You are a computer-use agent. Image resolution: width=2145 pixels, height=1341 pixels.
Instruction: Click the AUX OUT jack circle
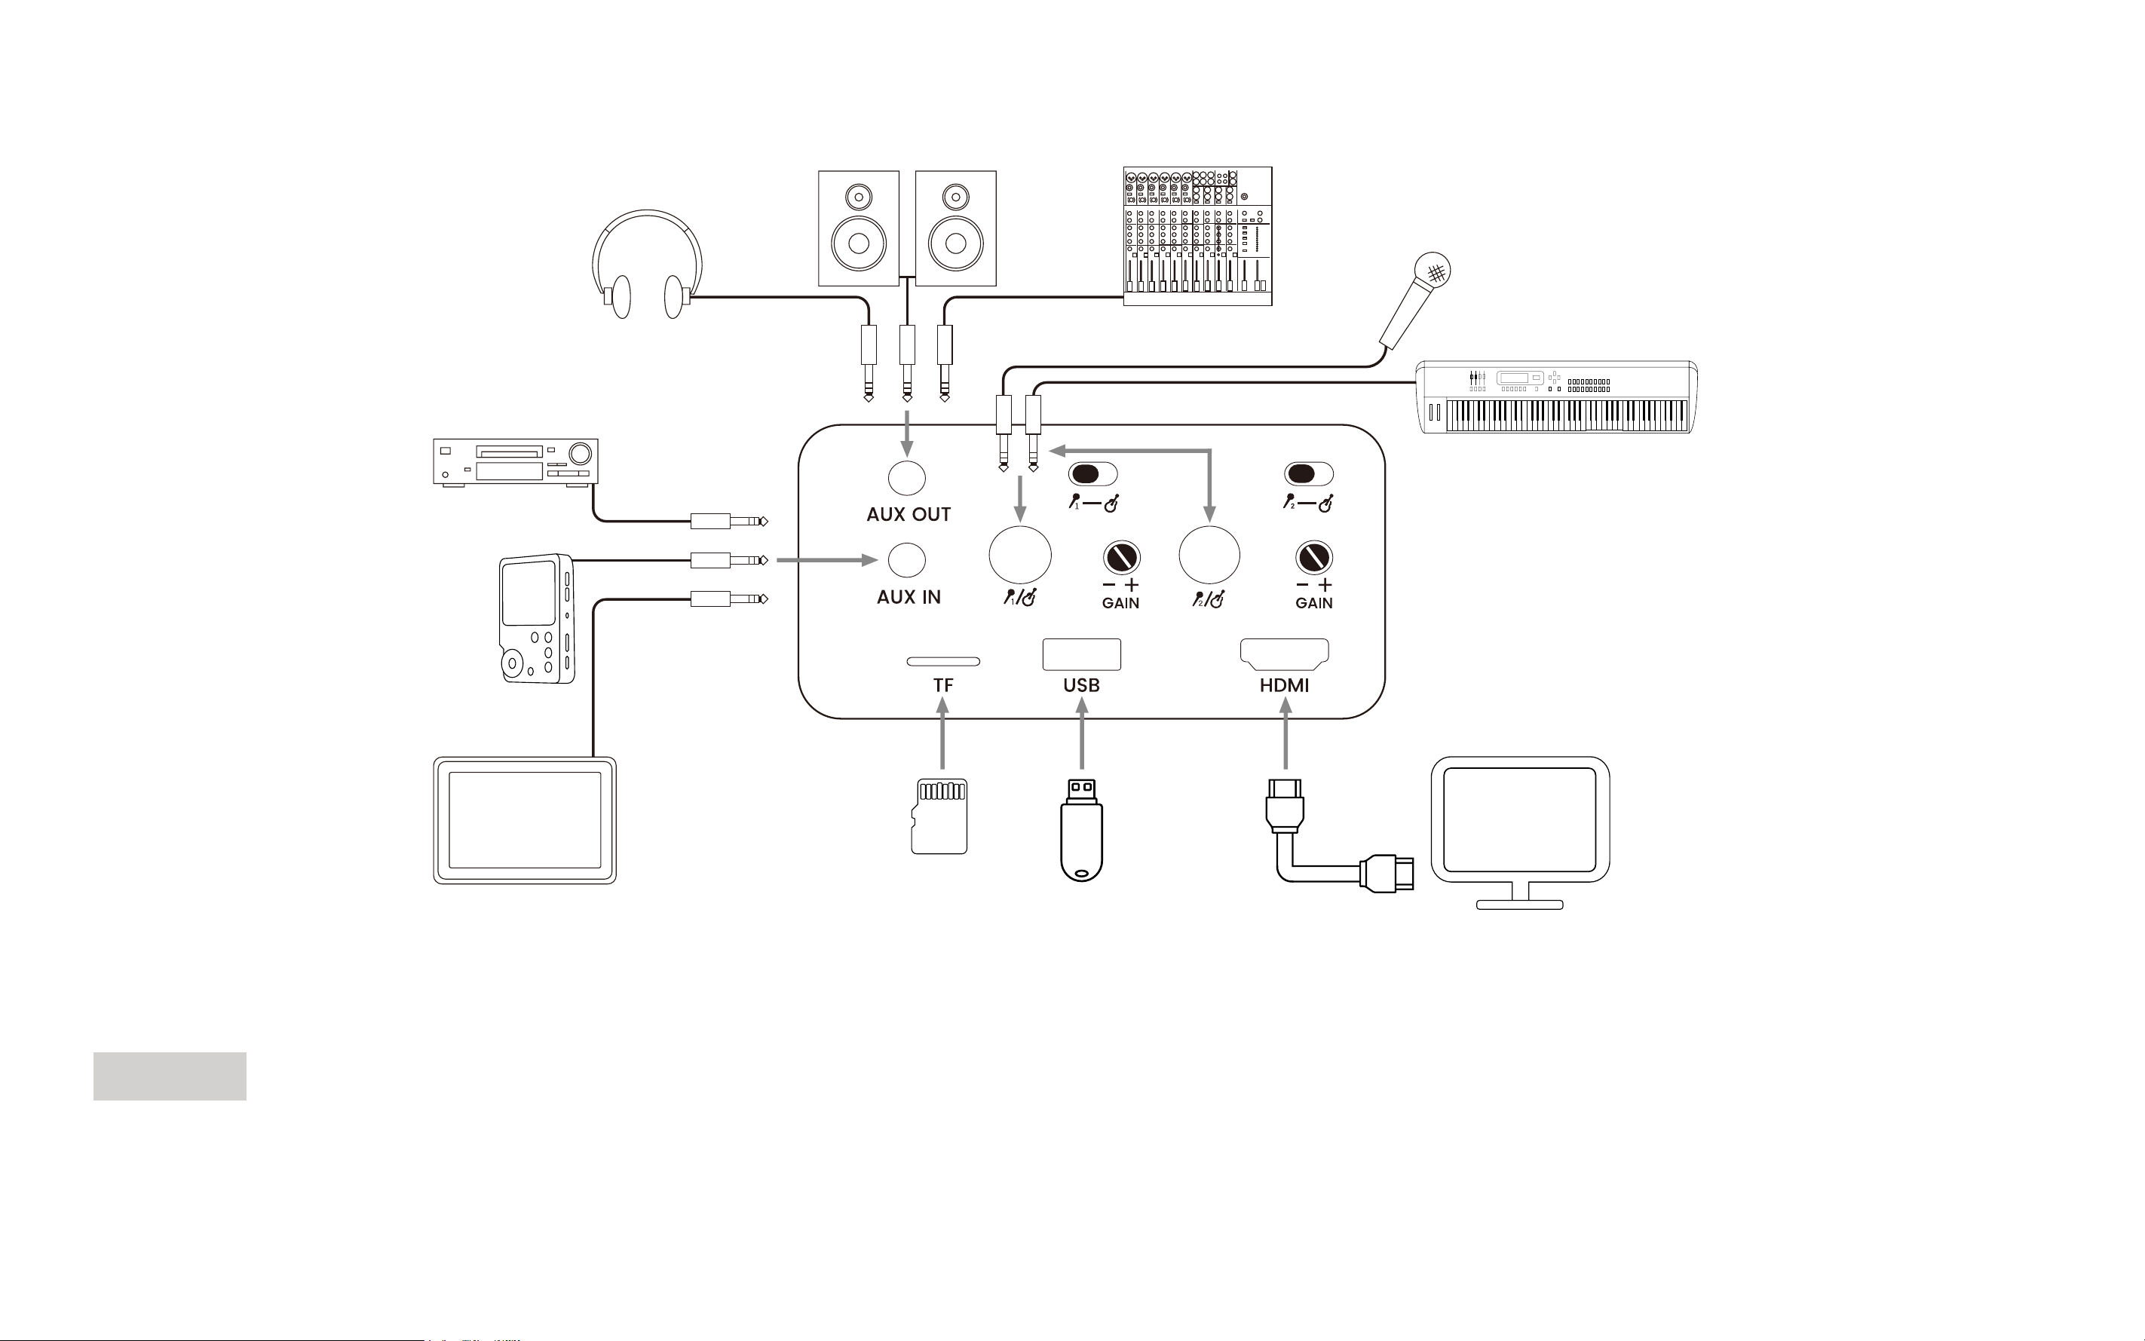[906, 477]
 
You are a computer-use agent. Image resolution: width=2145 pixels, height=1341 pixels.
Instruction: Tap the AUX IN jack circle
[906, 559]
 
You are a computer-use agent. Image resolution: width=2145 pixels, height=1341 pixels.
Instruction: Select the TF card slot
[943, 661]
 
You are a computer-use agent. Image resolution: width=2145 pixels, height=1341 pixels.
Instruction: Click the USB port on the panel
[1081, 654]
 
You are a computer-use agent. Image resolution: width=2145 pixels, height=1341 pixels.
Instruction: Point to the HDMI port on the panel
[1284, 654]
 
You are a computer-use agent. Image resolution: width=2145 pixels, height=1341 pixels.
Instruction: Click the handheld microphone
[1415, 301]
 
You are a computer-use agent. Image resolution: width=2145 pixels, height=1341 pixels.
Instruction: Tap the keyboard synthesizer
[1556, 397]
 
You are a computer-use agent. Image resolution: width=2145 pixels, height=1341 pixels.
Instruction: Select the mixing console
[1197, 236]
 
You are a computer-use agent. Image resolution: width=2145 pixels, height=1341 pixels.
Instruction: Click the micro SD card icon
[939, 816]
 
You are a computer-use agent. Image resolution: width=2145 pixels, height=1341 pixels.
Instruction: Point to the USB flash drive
[1081, 830]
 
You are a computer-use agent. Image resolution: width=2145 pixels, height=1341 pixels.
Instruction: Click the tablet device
[524, 820]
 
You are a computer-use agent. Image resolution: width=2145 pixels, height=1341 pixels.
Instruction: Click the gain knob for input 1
[1121, 558]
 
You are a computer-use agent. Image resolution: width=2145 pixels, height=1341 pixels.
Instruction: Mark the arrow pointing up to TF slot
[942, 733]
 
